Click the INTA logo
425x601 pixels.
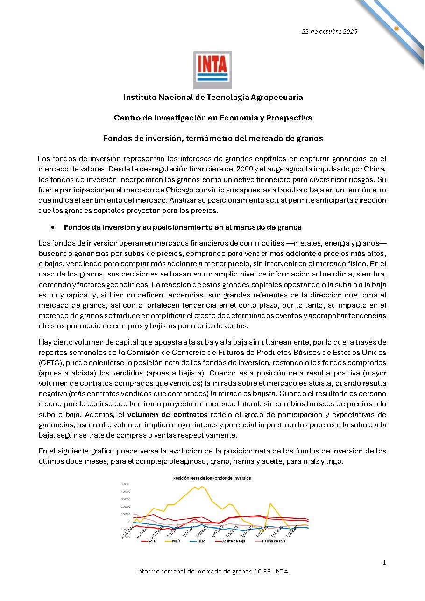[212, 70]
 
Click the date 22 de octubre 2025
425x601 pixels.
[329, 31]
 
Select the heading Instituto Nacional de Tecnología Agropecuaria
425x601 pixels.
[213, 97]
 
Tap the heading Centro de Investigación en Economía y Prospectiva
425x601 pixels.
[213, 118]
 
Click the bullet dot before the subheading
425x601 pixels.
[53, 227]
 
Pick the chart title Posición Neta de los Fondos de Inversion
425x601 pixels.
[212, 478]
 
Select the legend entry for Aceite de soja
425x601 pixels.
[232, 541]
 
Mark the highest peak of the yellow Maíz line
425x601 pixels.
[195, 487]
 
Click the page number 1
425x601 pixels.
[384, 562]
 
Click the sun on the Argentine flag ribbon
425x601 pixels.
[396, 28]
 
